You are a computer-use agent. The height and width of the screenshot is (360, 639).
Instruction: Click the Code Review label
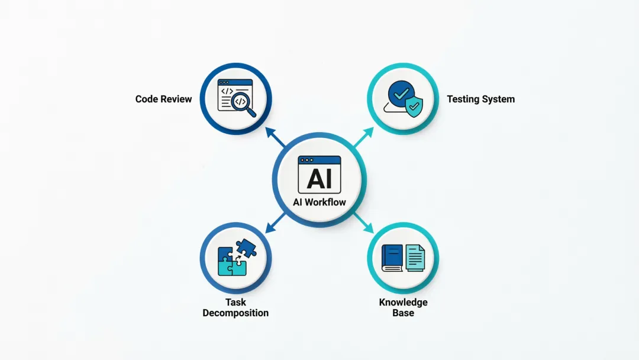point(163,99)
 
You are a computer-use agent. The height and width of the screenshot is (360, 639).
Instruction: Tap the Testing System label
point(480,99)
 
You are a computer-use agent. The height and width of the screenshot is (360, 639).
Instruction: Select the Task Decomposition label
point(235,308)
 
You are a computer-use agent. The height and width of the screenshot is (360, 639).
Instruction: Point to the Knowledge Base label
point(403,307)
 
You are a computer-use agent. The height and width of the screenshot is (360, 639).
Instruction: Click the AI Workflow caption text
point(319,202)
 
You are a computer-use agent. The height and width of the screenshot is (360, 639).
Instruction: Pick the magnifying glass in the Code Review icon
point(243,104)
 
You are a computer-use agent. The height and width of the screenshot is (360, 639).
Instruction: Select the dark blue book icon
point(392,258)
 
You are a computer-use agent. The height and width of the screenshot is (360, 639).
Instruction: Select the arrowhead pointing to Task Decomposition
point(269,227)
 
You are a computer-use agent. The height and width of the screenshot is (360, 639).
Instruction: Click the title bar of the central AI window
point(319,160)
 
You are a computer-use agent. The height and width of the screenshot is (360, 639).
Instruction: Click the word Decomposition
point(235,313)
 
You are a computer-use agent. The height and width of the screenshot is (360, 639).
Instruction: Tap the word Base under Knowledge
point(403,313)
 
